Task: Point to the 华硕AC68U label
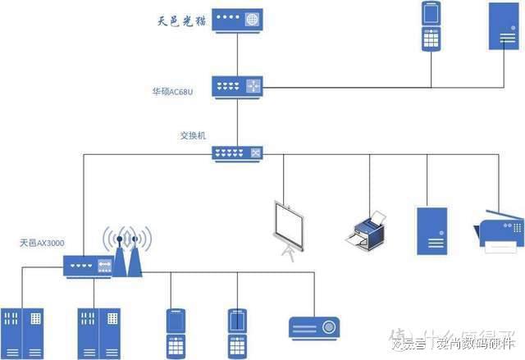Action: point(175,91)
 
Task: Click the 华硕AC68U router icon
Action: point(237,85)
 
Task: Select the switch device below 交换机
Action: point(237,153)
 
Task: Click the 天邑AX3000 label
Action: point(43,243)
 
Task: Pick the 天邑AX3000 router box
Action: point(88,265)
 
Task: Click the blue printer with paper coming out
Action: point(365,230)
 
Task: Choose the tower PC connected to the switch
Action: point(431,229)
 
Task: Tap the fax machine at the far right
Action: point(499,228)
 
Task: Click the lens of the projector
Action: point(329,327)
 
